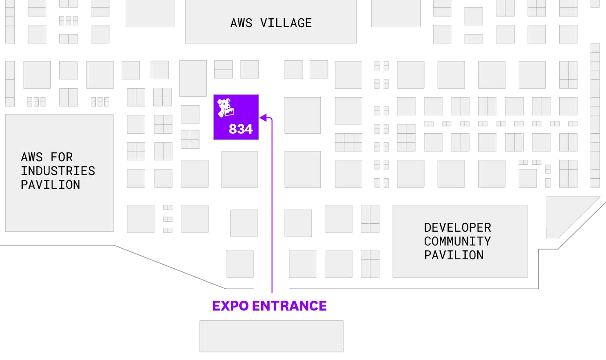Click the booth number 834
pos(241,129)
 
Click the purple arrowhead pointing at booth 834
pos(263,118)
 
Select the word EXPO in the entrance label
pos(230,306)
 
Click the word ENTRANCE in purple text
pos(289,306)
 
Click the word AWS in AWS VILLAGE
pos(242,23)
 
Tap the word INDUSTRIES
pos(58,171)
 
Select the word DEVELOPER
pos(457,228)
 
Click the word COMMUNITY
pos(457,241)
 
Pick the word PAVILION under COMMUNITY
pos(454,255)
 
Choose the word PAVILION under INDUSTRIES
pos(50,185)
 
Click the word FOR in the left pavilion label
pos(61,157)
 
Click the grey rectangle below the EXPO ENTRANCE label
pos(271,336)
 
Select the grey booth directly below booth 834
pos(239,169)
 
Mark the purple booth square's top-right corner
pos(258,95)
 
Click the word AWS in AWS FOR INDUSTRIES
pos(32,157)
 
